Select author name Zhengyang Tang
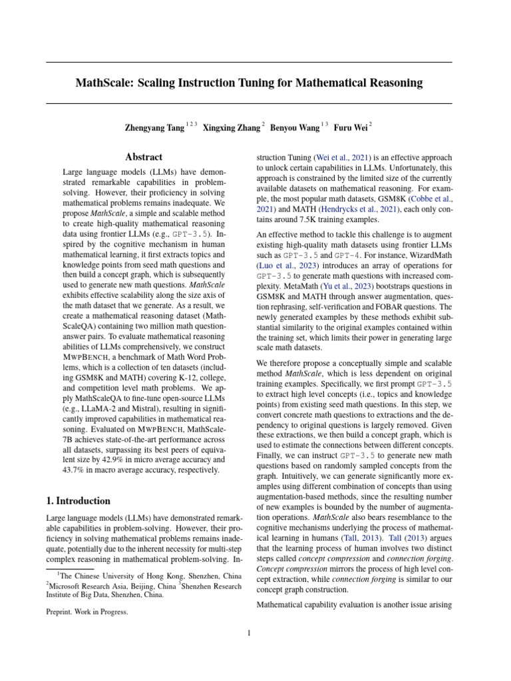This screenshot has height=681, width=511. (x=154, y=127)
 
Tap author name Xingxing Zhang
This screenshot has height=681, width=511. (x=231, y=127)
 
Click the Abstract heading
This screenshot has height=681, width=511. (x=144, y=157)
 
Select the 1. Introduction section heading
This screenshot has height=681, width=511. (x=78, y=501)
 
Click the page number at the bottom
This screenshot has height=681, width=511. (x=249, y=633)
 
